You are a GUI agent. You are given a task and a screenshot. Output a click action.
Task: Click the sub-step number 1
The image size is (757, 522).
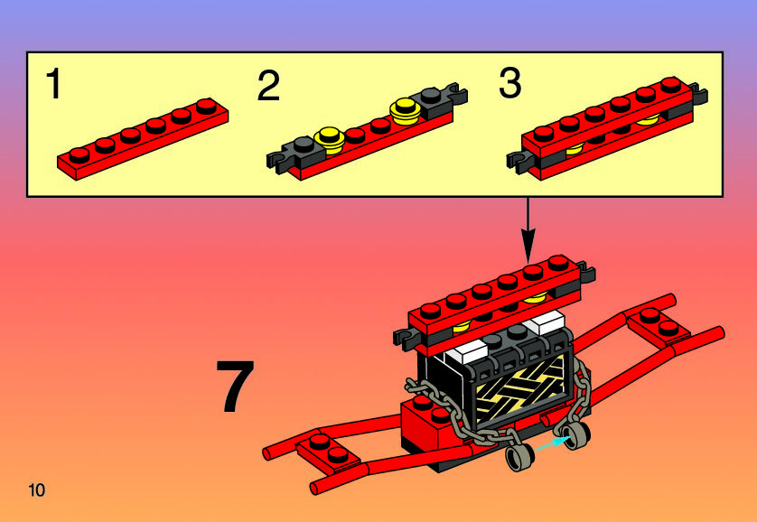click(53, 83)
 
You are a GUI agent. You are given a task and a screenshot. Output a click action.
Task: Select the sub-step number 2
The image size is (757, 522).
click(268, 86)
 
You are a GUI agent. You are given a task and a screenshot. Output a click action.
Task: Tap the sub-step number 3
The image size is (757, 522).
click(510, 82)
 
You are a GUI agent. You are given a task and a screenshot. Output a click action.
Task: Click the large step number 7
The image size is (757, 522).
click(235, 386)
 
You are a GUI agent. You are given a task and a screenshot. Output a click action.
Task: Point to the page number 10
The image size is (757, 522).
click(37, 490)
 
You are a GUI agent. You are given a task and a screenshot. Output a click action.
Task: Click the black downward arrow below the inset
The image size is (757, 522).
click(528, 229)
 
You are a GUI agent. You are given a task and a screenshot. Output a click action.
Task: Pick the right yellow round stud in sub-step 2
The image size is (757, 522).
click(405, 111)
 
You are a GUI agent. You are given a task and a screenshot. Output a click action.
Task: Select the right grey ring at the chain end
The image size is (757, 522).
click(576, 435)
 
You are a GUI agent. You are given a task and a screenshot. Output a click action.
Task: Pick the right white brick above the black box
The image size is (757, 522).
click(546, 322)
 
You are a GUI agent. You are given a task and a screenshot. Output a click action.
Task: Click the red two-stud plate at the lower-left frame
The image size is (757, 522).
click(328, 449)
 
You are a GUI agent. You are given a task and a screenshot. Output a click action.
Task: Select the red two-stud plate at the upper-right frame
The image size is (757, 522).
click(659, 323)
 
